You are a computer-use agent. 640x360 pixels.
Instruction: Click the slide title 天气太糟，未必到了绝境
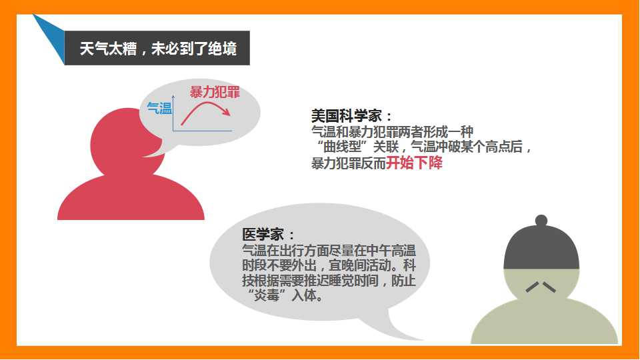[158, 49]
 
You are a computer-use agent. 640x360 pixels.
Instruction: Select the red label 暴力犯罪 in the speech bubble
[215, 92]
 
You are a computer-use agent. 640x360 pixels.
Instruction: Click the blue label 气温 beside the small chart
[159, 108]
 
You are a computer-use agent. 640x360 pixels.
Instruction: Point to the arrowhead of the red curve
[227, 112]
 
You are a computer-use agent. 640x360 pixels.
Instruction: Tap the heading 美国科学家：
[351, 116]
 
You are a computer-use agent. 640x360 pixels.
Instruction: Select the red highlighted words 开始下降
[414, 163]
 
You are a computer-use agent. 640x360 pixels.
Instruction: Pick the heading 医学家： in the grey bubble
[268, 234]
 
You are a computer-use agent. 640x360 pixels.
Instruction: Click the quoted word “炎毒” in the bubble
[266, 295]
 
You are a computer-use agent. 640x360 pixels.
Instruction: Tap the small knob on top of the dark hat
[541, 221]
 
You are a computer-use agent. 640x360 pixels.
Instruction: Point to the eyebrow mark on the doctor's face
[541, 287]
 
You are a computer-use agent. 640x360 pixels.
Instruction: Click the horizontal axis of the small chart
[203, 131]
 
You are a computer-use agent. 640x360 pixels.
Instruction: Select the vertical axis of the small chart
[173, 113]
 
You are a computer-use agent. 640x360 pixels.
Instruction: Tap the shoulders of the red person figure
[131, 199]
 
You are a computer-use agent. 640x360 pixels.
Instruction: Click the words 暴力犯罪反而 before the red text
[349, 163]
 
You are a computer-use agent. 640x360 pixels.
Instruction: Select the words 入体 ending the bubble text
[303, 295]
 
